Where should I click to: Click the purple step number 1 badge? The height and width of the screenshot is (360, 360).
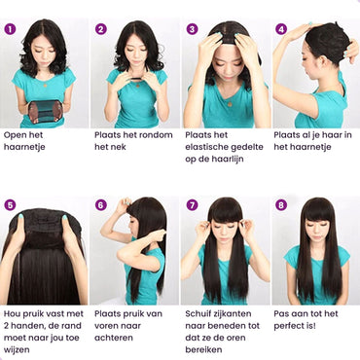click(10, 29)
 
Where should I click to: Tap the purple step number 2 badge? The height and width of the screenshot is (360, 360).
click(101, 29)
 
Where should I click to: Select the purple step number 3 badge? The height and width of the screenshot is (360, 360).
click(192, 29)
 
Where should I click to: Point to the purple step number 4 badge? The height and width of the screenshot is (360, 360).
click(281, 29)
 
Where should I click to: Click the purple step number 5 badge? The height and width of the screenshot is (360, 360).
click(10, 204)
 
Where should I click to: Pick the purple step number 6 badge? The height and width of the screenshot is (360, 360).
click(101, 204)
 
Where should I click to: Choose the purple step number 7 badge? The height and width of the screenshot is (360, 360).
click(192, 204)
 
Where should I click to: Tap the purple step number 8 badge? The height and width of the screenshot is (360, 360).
click(281, 204)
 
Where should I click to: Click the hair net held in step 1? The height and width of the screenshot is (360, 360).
click(45, 111)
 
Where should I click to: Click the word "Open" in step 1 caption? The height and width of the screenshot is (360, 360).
click(15, 135)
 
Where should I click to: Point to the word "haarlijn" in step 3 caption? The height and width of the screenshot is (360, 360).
click(228, 160)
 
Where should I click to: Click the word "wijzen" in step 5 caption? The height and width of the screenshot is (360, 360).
click(17, 350)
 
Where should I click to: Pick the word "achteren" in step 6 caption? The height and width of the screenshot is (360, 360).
click(114, 338)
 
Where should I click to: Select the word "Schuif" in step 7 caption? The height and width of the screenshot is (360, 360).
click(198, 313)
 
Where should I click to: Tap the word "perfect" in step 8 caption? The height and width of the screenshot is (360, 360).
click(289, 326)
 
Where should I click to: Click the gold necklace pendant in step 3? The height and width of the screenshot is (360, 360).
click(230, 104)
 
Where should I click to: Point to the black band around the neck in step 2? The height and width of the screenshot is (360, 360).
click(137, 78)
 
